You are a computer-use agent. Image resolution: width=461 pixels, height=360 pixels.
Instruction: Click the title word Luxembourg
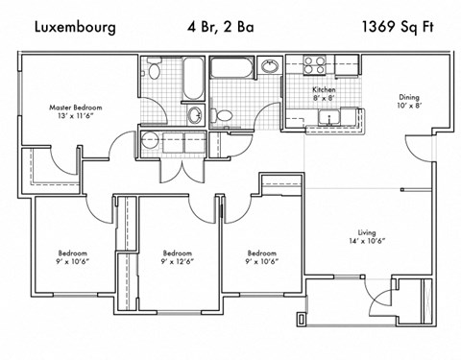[x=75, y=27]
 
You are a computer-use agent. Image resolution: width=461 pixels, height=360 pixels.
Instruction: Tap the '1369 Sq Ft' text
[x=396, y=27]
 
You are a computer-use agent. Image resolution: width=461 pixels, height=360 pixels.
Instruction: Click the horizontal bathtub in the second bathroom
[x=232, y=68]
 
